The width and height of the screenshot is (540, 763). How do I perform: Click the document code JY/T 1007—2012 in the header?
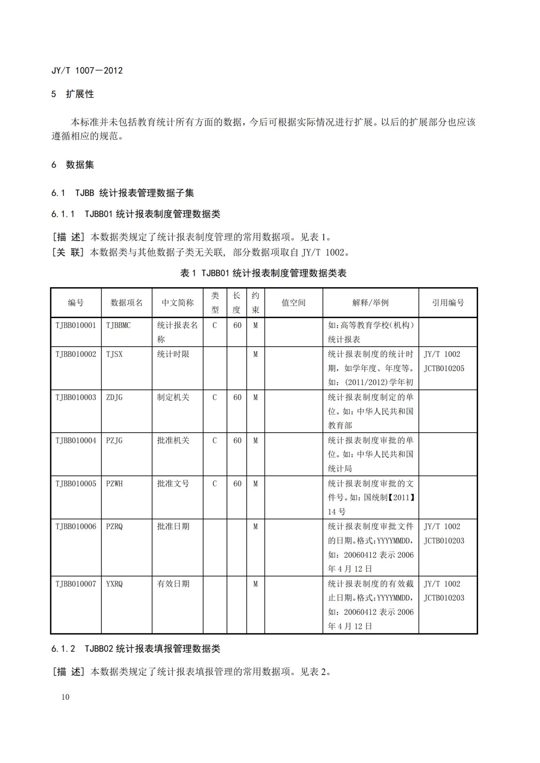pyautogui.click(x=87, y=71)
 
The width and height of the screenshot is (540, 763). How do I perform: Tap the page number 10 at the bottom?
pyautogui.click(x=65, y=697)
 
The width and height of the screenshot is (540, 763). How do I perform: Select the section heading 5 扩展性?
pyautogui.click(x=73, y=94)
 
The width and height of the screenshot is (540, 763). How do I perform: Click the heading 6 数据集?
pyautogui.click(x=73, y=165)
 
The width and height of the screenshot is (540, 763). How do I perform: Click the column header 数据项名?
pyautogui.click(x=127, y=303)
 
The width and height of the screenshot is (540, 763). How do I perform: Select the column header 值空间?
pyautogui.click(x=293, y=303)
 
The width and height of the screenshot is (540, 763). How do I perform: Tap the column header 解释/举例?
pyautogui.click(x=370, y=303)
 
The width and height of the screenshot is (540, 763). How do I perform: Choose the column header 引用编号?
pyautogui.click(x=448, y=303)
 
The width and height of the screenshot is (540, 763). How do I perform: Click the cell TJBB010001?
pyautogui.click(x=76, y=325)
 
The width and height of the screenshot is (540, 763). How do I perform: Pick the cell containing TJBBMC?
pyautogui.click(x=118, y=325)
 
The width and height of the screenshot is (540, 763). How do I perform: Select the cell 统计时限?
pyautogui.click(x=173, y=354)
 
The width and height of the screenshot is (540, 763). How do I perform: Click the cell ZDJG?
pyautogui.click(x=114, y=397)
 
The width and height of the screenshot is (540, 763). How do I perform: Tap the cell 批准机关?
pyautogui.click(x=173, y=440)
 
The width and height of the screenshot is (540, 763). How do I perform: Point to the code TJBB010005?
pyautogui.click(x=76, y=484)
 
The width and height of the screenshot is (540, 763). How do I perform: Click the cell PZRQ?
pyautogui.click(x=114, y=526)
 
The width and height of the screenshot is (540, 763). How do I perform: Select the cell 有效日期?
pyautogui.click(x=173, y=584)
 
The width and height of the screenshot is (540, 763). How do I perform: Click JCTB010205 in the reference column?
pyautogui.click(x=444, y=368)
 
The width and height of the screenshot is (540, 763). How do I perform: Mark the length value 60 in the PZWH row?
pyautogui.click(x=237, y=484)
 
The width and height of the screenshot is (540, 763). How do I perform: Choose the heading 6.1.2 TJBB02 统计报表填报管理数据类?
pyautogui.click(x=136, y=648)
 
